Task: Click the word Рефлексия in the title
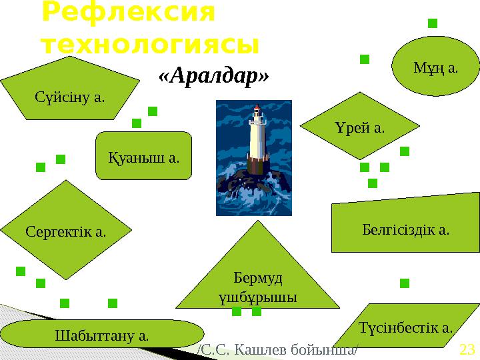pyautogui.click(x=128, y=13)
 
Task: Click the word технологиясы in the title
pyautogui.click(x=149, y=45)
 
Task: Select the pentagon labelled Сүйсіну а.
pyautogui.click(x=70, y=90)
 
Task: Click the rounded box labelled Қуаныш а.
pyautogui.click(x=144, y=157)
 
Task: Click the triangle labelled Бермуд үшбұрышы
pyautogui.click(x=259, y=280)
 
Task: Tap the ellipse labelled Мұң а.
pyautogui.click(x=435, y=67)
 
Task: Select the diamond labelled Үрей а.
pyautogui.click(x=360, y=127)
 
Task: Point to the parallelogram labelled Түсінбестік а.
pyautogui.click(x=405, y=327)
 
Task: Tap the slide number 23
pyautogui.click(x=467, y=349)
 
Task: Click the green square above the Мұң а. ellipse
pyautogui.click(x=432, y=24)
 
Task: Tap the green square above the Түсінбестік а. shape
pyautogui.click(x=404, y=284)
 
